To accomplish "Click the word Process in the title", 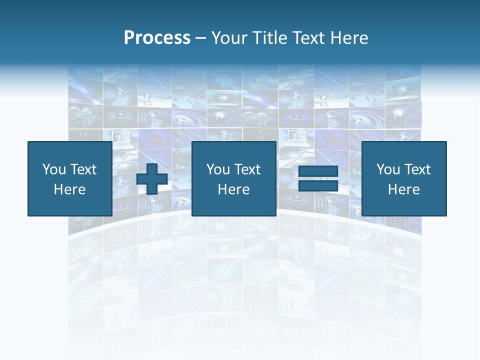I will point(157,38).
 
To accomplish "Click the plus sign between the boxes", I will point(152,178).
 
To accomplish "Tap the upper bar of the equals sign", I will point(318,171).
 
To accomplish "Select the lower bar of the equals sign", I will point(318,185).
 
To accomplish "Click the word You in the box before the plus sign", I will point(53,169).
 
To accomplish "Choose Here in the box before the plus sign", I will point(69,189).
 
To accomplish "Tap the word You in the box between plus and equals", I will point(218,169).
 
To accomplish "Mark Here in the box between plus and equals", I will point(234,189).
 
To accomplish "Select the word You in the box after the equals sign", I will point(388,169).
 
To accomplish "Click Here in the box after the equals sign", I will point(404,189).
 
